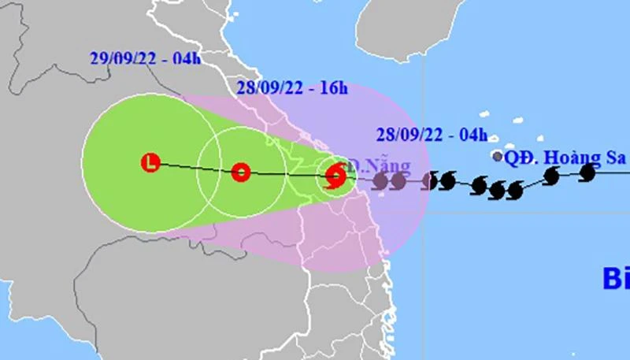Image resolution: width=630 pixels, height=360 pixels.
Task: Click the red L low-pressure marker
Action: pos(150,163)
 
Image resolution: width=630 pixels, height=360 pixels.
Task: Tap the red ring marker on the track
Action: pos(241,172)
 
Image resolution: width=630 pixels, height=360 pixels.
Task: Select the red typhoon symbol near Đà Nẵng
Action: pos(335,174)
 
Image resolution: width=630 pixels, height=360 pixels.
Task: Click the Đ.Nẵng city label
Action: pos(380,165)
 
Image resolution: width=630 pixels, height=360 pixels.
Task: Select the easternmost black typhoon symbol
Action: pos(587,172)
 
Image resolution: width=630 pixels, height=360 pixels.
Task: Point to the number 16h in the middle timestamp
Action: pos(334,88)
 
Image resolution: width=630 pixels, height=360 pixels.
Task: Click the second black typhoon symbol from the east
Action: pos(551,176)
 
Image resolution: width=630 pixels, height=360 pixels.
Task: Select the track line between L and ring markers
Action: pos(195,168)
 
